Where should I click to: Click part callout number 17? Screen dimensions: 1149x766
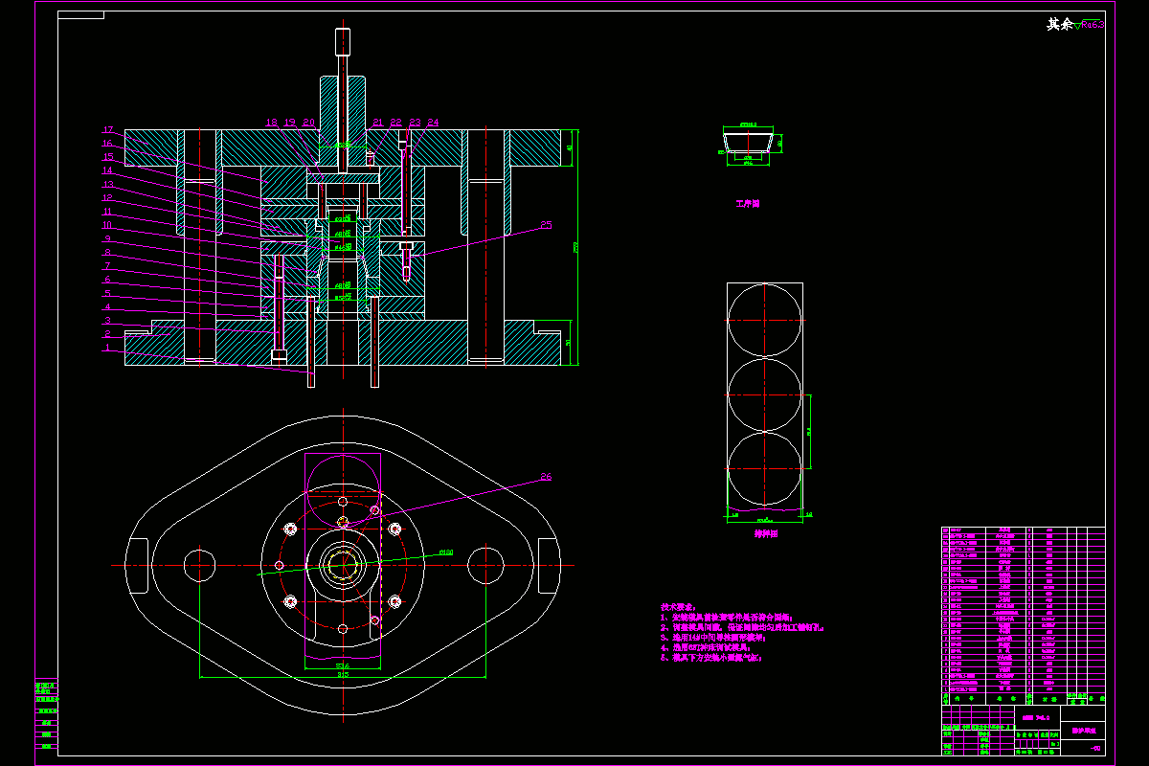point(108,129)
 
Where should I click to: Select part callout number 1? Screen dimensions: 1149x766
point(108,348)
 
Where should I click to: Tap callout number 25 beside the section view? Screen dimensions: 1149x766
point(546,226)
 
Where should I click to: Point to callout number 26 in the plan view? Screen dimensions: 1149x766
point(546,476)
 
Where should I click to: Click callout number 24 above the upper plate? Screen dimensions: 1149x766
point(433,123)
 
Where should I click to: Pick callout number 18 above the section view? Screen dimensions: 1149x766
point(271,123)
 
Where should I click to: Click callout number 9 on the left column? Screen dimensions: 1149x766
point(108,238)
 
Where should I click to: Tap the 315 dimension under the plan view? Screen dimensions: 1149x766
point(343,674)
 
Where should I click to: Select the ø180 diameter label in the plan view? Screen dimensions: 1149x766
point(446,552)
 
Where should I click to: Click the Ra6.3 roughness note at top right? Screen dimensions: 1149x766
point(1092,25)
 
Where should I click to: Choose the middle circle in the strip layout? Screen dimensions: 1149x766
point(765,394)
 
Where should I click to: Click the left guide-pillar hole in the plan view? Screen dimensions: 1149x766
point(199,564)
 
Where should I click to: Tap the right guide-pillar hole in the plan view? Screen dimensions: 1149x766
point(486,564)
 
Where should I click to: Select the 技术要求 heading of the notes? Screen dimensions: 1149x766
point(679,607)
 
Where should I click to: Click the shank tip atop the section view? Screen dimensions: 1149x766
point(343,41)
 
